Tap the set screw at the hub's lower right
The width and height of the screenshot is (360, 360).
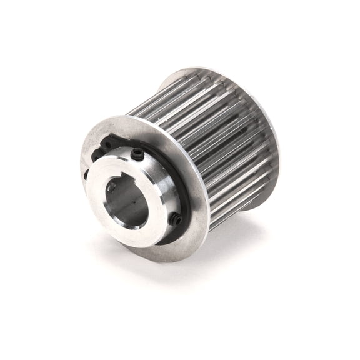click(177, 219)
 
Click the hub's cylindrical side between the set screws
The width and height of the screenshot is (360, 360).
click(167, 187)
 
